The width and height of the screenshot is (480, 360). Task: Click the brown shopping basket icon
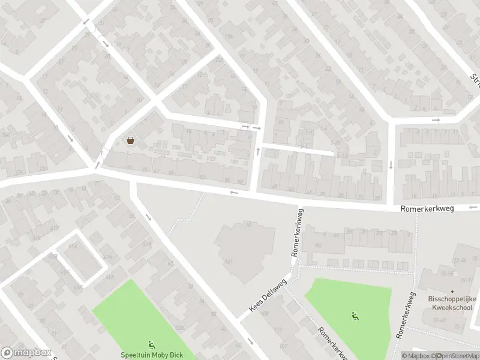click(x=130, y=141)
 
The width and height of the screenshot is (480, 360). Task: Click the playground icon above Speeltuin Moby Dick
click(x=151, y=344)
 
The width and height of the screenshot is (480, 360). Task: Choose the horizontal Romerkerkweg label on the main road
click(x=427, y=208)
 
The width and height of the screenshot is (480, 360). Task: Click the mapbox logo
click(x=25, y=353)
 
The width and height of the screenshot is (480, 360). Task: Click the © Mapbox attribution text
click(x=415, y=356)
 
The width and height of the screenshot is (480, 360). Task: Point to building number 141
click(x=229, y=262)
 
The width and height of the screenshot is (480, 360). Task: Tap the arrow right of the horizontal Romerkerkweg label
click(x=474, y=208)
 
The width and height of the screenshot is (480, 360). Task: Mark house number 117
click(x=278, y=330)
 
